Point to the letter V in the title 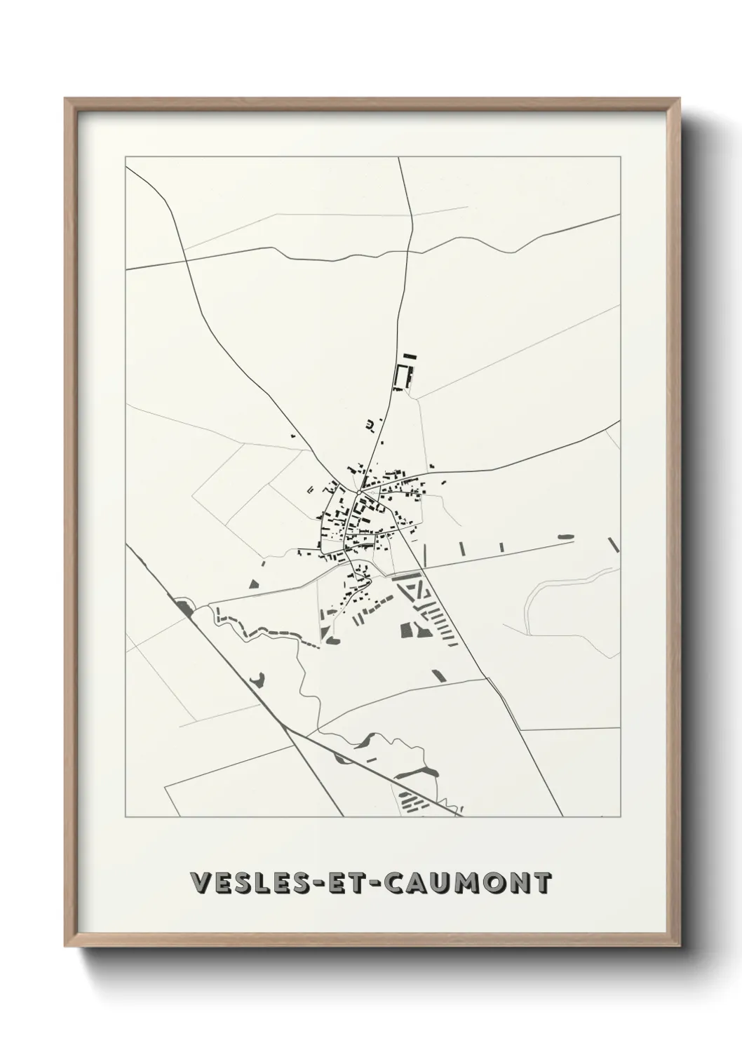200,884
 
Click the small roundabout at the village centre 358,492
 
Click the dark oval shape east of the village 565,537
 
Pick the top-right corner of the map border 620,156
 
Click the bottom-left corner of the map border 126,817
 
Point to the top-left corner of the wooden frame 66,99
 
